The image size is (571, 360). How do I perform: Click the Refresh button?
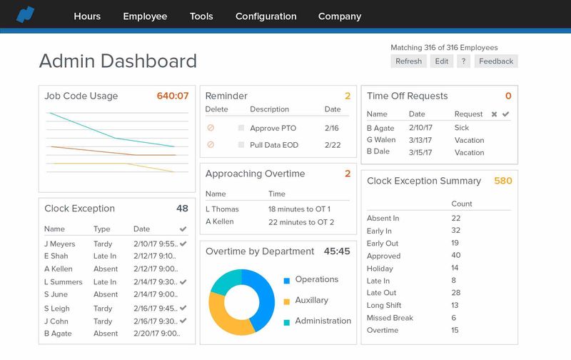pyautogui.click(x=408, y=61)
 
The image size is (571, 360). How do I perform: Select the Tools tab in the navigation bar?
pyautogui.click(x=201, y=16)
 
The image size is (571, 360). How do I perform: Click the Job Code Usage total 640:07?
pyautogui.click(x=173, y=96)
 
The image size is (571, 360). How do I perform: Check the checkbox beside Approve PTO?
pyautogui.click(x=241, y=128)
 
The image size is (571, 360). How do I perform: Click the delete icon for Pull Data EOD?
pyautogui.click(x=211, y=145)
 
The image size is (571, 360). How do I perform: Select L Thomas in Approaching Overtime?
pyautogui.click(x=221, y=209)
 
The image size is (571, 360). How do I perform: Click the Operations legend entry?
pyautogui.click(x=316, y=279)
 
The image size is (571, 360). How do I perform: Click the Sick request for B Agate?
pyautogui.click(x=462, y=128)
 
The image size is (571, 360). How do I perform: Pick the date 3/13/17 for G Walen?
pyautogui.click(x=420, y=141)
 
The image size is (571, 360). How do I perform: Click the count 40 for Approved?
pyautogui.click(x=456, y=256)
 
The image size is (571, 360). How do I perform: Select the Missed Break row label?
pyautogui.click(x=390, y=318)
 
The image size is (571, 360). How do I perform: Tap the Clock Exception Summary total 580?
pyautogui.click(x=503, y=181)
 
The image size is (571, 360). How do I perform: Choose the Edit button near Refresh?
pyautogui.click(x=442, y=61)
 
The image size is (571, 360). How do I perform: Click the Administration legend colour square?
pyautogui.click(x=286, y=321)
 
